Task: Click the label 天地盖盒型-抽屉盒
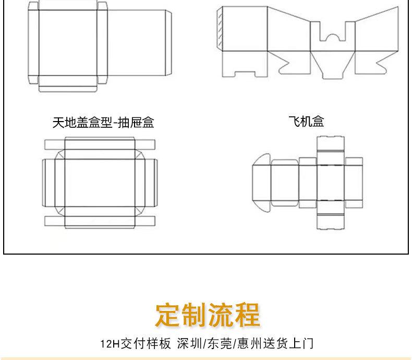point(103,123)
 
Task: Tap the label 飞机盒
point(306,122)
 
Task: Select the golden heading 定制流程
point(207,314)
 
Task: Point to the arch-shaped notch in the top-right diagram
point(332,37)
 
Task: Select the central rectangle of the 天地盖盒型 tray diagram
point(100,183)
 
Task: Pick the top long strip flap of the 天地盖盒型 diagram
point(100,144)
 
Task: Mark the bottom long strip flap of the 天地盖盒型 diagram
point(100,221)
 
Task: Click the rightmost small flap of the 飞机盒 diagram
point(354,183)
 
